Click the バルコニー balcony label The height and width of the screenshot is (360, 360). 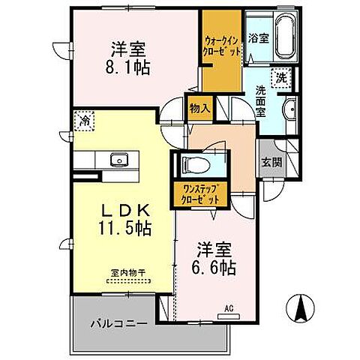point(116,325)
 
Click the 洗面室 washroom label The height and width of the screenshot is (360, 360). point(260,98)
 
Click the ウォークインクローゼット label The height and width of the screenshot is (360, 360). point(222,46)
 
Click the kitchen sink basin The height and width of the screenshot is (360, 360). point(119,159)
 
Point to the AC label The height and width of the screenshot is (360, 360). point(228,307)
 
